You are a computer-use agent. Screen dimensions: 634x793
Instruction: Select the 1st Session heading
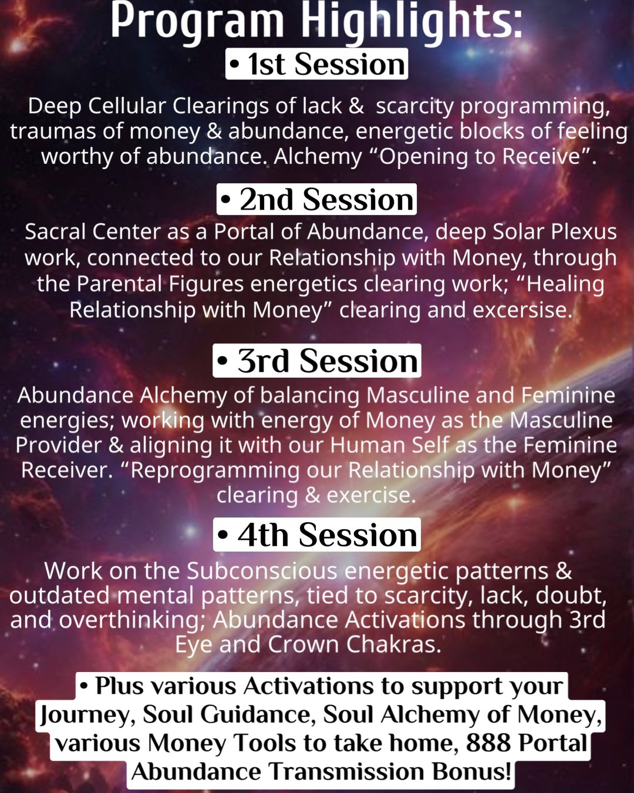click(x=317, y=64)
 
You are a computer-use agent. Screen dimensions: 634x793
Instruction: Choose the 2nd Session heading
click(x=317, y=199)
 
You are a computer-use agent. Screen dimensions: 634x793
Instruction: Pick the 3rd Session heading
click(x=317, y=361)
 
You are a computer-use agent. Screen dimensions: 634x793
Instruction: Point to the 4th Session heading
click(x=317, y=535)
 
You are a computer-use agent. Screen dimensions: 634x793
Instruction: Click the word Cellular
click(x=126, y=106)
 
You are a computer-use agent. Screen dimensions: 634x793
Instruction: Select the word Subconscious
click(x=262, y=571)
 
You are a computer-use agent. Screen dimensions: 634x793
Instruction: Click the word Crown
click(x=303, y=644)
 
